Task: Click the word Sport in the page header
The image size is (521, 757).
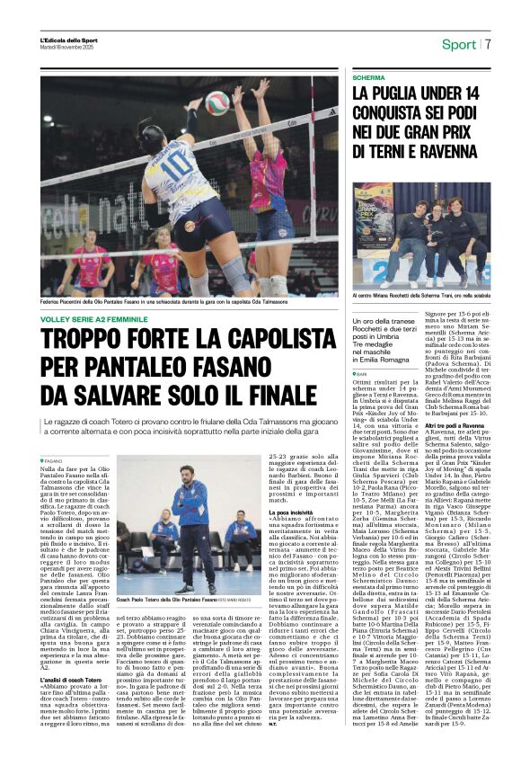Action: click(x=459, y=44)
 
